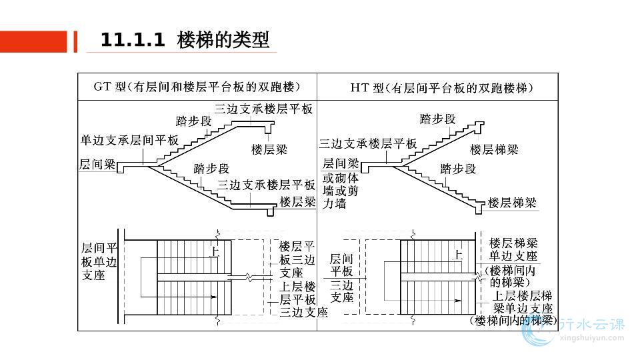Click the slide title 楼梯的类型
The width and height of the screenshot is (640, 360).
pyautogui.click(x=224, y=40)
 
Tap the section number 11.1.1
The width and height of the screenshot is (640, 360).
pyautogui.click(x=132, y=40)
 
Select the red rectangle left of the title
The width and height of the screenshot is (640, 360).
pyautogui.click(x=34, y=41)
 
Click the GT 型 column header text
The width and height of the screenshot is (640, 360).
pyautogui.click(x=197, y=87)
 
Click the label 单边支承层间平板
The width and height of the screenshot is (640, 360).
pyautogui.click(x=129, y=141)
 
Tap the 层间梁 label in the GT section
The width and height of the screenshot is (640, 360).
pyautogui.click(x=97, y=163)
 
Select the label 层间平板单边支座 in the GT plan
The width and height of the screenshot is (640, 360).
pyautogui.click(x=99, y=261)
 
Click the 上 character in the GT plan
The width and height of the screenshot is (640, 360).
pyautogui.click(x=215, y=252)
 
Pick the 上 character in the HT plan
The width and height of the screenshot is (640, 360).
pyautogui.click(x=458, y=254)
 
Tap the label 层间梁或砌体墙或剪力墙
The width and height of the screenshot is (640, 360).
pyautogui.click(x=341, y=183)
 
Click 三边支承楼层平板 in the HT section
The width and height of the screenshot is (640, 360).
pyautogui.click(x=368, y=143)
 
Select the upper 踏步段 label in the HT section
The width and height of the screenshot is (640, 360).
pyautogui.click(x=437, y=119)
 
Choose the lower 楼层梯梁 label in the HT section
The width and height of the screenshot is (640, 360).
pyautogui.click(x=512, y=202)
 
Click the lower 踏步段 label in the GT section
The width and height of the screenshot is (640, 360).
pyautogui.click(x=211, y=169)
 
